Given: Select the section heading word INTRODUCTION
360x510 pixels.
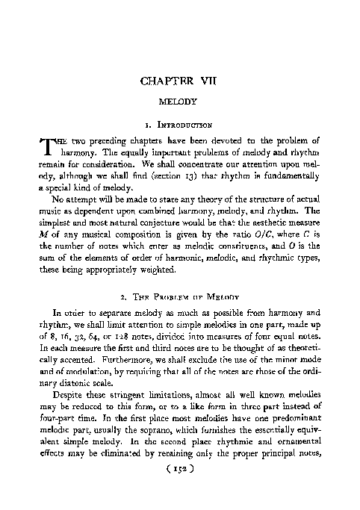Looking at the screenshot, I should point(186,125).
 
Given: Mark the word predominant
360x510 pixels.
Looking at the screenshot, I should point(292,421).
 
